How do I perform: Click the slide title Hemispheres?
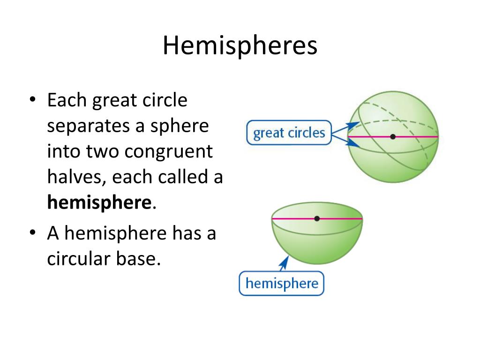click(x=240, y=46)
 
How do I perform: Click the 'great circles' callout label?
click(x=289, y=133)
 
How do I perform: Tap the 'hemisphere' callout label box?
click(x=281, y=284)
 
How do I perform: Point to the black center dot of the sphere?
click(x=393, y=136)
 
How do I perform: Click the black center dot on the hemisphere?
click(x=317, y=218)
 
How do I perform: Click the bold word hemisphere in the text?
click(x=99, y=202)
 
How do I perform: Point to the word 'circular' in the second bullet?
click(x=75, y=258)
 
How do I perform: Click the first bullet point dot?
click(x=32, y=101)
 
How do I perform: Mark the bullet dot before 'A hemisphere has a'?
click(x=32, y=233)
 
